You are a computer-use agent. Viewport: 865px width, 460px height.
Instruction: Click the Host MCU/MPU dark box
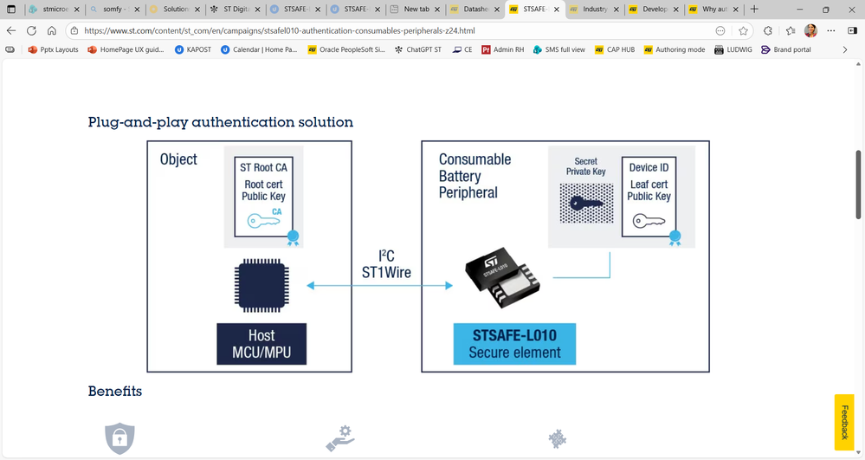(x=261, y=343)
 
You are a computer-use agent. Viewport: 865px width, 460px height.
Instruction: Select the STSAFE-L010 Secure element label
(x=514, y=343)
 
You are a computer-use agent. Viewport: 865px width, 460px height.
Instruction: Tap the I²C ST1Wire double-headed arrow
(x=380, y=285)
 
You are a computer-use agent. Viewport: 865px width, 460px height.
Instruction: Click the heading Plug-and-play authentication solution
(x=221, y=122)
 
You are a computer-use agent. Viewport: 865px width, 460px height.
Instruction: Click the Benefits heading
(x=115, y=392)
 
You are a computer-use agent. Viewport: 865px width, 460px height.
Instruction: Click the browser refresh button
(x=31, y=30)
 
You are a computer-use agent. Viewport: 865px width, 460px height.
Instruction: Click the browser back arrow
(x=11, y=30)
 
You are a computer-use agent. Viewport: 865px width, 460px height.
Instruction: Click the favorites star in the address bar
(x=743, y=30)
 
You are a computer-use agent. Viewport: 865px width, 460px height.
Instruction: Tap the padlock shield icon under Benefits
(x=119, y=438)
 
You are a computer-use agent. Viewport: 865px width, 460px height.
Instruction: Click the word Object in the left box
(x=178, y=159)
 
